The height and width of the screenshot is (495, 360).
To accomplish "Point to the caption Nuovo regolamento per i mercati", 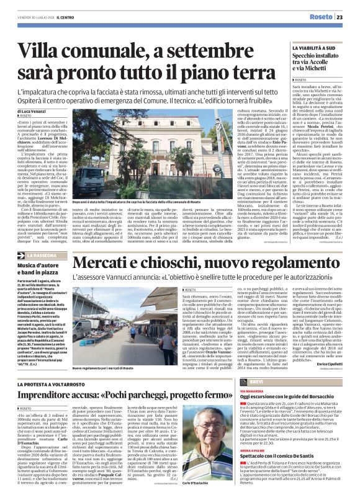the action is tap(107, 367).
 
